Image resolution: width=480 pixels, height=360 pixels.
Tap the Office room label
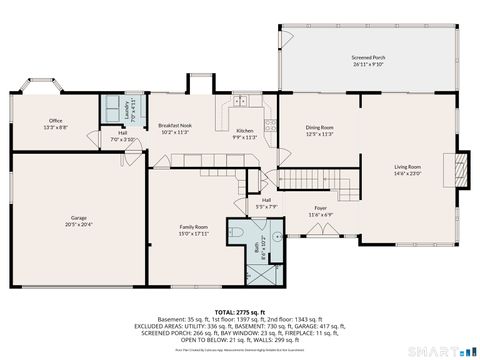[54, 122]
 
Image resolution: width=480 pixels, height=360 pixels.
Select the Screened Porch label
[368, 58]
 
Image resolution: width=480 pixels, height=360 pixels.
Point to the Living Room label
[407, 166]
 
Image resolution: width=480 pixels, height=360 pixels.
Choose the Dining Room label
[319, 127]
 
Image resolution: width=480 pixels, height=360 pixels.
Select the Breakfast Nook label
[175, 125]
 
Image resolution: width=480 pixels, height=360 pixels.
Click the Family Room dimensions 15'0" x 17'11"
[194, 233]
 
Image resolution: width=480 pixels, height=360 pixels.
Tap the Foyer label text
[320, 207]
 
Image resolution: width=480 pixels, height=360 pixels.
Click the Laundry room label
[126, 106]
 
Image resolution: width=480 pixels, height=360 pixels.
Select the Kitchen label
[245, 131]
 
